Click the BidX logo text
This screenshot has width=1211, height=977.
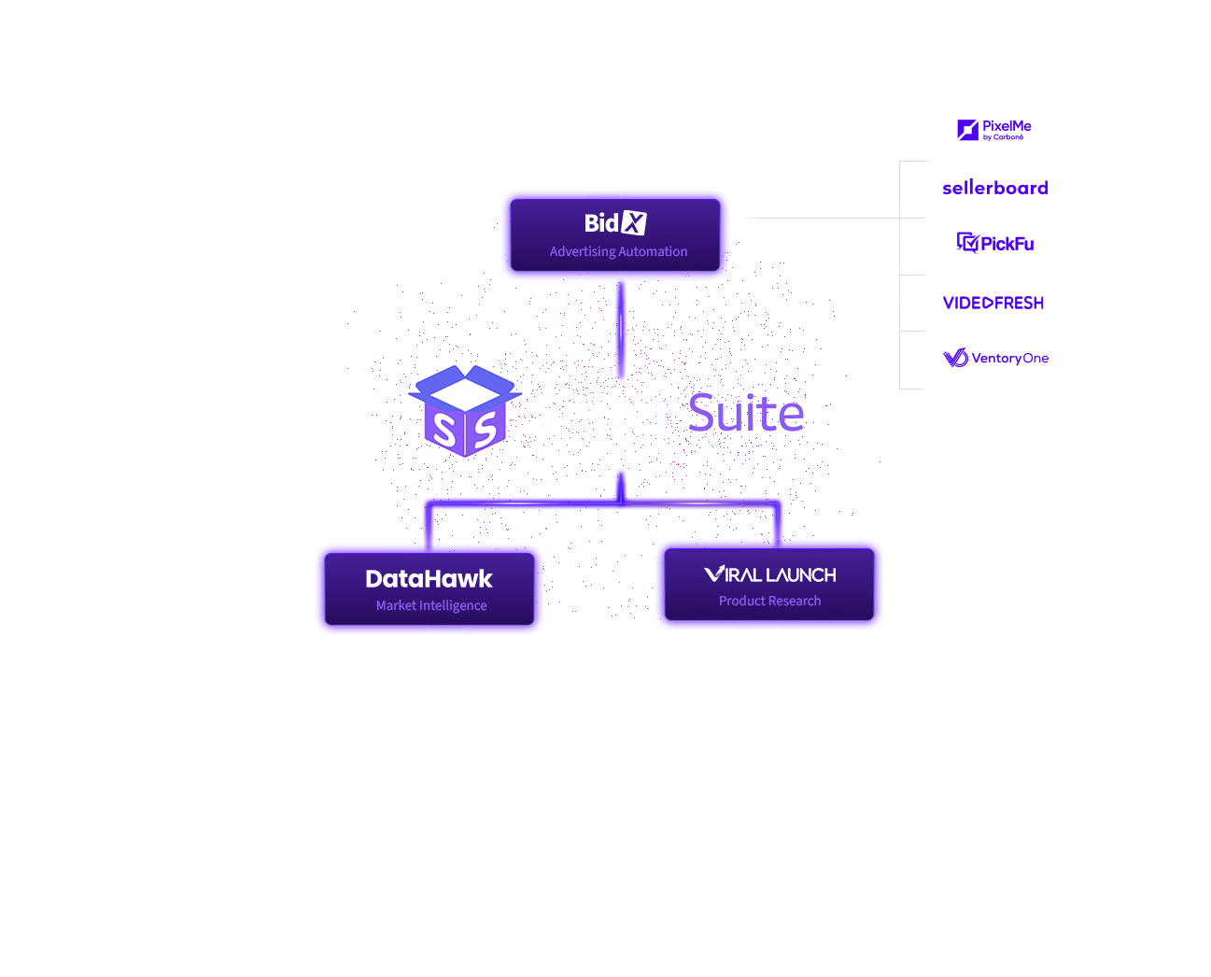click(614, 223)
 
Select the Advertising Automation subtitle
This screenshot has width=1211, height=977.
click(618, 251)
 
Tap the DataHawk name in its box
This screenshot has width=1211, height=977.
click(429, 579)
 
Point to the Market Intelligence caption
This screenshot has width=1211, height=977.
click(431, 605)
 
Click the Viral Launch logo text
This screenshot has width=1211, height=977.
click(770, 574)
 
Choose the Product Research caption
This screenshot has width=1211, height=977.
click(769, 601)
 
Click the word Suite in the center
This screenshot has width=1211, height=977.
click(745, 413)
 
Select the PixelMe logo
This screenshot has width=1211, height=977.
click(994, 130)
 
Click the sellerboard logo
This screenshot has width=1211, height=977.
click(994, 188)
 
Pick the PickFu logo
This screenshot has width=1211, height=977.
click(995, 243)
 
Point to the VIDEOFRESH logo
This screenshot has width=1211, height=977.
click(993, 303)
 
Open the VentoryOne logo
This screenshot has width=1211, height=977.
click(995, 358)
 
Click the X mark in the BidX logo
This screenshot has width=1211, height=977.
click(635, 223)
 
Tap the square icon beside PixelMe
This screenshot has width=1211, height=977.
click(967, 130)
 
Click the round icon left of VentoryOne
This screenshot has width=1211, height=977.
click(955, 358)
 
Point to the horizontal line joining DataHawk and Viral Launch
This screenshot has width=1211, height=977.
click(602, 503)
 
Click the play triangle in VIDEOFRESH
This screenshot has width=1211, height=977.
click(989, 303)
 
